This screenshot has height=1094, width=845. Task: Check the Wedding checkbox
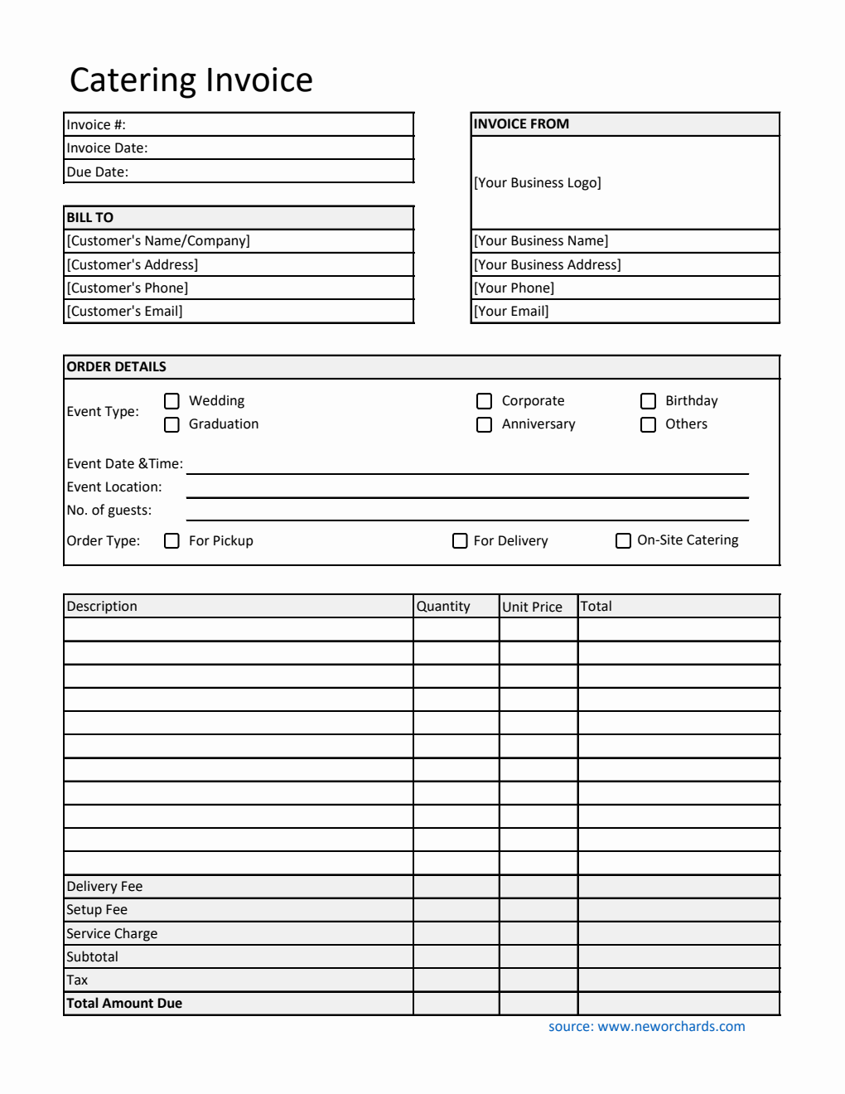click(x=171, y=401)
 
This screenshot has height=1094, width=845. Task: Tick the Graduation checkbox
click(x=171, y=424)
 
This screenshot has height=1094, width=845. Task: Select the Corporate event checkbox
click(x=485, y=401)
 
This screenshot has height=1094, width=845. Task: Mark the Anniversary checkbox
click(x=485, y=424)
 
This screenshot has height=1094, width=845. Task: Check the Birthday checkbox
click(x=649, y=401)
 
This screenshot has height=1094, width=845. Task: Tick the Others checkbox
click(x=649, y=424)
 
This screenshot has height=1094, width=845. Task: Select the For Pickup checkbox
click(x=171, y=541)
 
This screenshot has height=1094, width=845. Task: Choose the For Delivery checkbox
click(x=460, y=541)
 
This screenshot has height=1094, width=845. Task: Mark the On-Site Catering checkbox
click(x=624, y=541)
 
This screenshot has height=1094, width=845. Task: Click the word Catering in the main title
click(x=133, y=80)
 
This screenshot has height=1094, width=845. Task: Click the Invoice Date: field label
click(x=107, y=148)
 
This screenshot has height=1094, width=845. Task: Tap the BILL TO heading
click(x=90, y=218)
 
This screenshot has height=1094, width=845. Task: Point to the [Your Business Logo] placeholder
click(x=537, y=183)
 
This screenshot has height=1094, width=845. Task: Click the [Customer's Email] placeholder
click(x=124, y=312)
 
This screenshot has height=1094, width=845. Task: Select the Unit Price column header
click(x=532, y=607)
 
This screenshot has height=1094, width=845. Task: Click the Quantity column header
click(x=443, y=607)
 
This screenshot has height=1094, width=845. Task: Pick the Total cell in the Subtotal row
click(x=678, y=957)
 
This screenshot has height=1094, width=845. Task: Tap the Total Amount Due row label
click(x=124, y=1004)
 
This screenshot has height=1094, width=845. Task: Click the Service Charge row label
click(x=112, y=934)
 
